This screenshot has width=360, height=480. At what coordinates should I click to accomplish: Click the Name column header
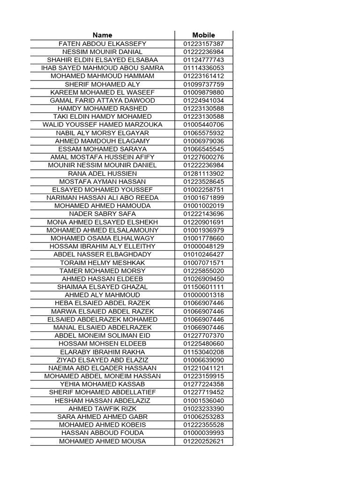point(102,35)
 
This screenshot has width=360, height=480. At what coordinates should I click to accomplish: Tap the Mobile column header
point(203,35)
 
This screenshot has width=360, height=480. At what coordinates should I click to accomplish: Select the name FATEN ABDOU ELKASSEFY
point(102,44)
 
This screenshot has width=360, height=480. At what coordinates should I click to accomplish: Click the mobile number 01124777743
point(203,60)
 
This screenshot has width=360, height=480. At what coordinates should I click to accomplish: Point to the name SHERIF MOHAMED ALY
point(102,84)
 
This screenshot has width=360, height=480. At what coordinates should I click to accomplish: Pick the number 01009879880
point(203,92)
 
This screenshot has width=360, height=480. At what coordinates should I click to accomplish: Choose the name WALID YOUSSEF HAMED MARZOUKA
point(102,125)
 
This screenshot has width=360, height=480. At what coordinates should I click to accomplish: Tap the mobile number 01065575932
point(203,133)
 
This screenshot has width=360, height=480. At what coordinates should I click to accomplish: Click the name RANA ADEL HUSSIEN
point(102,173)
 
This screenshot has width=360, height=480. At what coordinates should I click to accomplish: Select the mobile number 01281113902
point(203,173)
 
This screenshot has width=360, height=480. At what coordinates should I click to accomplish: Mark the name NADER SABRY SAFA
point(102,214)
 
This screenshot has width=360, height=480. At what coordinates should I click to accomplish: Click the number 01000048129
point(203,246)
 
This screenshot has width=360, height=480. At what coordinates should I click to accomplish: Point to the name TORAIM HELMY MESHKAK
point(102,262)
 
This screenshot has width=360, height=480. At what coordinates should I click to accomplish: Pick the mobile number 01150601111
point(203,287)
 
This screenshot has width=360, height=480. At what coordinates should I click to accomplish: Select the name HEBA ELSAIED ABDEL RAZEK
point(102,303)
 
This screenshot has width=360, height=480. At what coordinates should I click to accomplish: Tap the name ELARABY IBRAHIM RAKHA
point(102,352)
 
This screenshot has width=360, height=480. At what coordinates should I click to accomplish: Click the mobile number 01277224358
point(203,384)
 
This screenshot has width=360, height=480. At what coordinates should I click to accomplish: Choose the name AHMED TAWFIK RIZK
point(102,409)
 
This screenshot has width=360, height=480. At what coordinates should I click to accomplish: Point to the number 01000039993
point(203,433)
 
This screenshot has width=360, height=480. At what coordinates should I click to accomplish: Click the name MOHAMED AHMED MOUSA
point(102,441)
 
